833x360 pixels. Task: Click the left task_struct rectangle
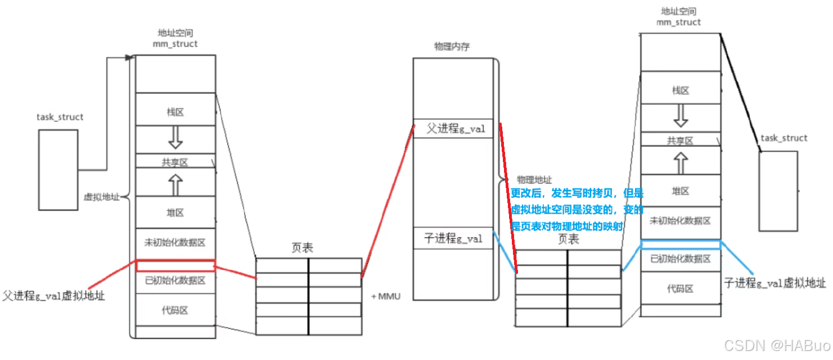pyautogui.click(x=58, y=169)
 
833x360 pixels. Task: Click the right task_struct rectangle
pyautogui.click(x=778, y=191)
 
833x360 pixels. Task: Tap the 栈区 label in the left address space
pyautogui.click(x=175, y=112)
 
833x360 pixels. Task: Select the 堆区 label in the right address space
pyautogui.click(x=681, y=191)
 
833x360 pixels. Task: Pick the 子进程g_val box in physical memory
pyautogui.click(x=453, y=238)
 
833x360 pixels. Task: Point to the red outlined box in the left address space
pyautogui.click(x=175, y=265)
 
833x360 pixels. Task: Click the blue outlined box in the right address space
pyautogui.click(x=681, y=245)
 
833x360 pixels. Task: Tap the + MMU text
pyautogui.click(x=386, y=296)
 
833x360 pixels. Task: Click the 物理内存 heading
pyautogui.click(x=452, y=47)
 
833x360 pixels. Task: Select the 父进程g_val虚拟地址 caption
pyautogui.click(x=54, y=295)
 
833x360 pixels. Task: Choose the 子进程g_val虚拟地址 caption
pyautogui.click(x=775, y=283)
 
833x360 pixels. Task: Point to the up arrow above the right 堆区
pyautogui.click(x=681, y=164)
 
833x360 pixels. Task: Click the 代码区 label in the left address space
pyautogui.click(x=175, y=310)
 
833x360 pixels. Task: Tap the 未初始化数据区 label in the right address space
pyautogui.click(x=681, y=220)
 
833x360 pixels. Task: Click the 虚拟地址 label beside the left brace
pyautogui.click(x=102, y=197)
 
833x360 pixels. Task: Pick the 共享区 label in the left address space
pyautogui.click(x=175, y=163)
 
